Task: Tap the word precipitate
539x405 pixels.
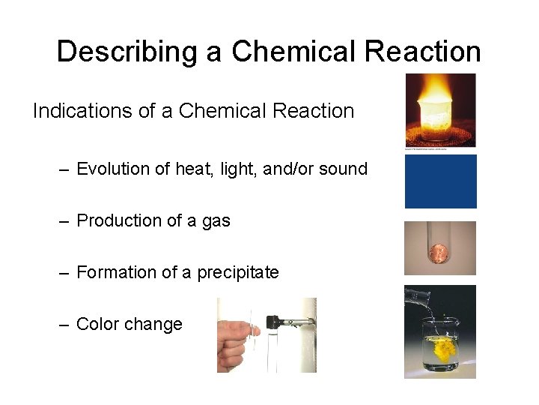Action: click(x=238, y=273)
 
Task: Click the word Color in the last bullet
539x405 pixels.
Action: click(x=97, y=324)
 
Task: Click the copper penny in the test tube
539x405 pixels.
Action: click(x=440, y=259)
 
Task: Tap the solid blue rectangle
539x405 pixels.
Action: click(x=440, y=181)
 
